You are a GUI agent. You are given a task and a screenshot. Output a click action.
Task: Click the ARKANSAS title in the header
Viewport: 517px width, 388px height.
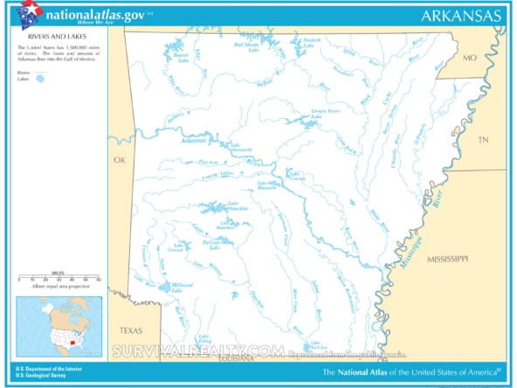460,15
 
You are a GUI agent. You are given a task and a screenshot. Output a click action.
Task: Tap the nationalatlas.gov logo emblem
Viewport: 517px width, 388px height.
28,15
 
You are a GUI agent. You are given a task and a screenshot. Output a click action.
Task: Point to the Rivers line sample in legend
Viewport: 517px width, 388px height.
39,73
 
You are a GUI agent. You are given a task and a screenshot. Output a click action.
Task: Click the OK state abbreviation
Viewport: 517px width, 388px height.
121,160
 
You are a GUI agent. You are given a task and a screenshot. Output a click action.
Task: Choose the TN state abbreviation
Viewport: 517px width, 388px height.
483,139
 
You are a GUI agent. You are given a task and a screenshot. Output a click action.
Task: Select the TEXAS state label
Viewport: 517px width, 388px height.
130,330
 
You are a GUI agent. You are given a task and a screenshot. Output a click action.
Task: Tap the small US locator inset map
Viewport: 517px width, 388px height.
59,325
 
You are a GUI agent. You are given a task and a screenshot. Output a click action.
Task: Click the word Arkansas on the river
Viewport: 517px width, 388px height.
194,140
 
